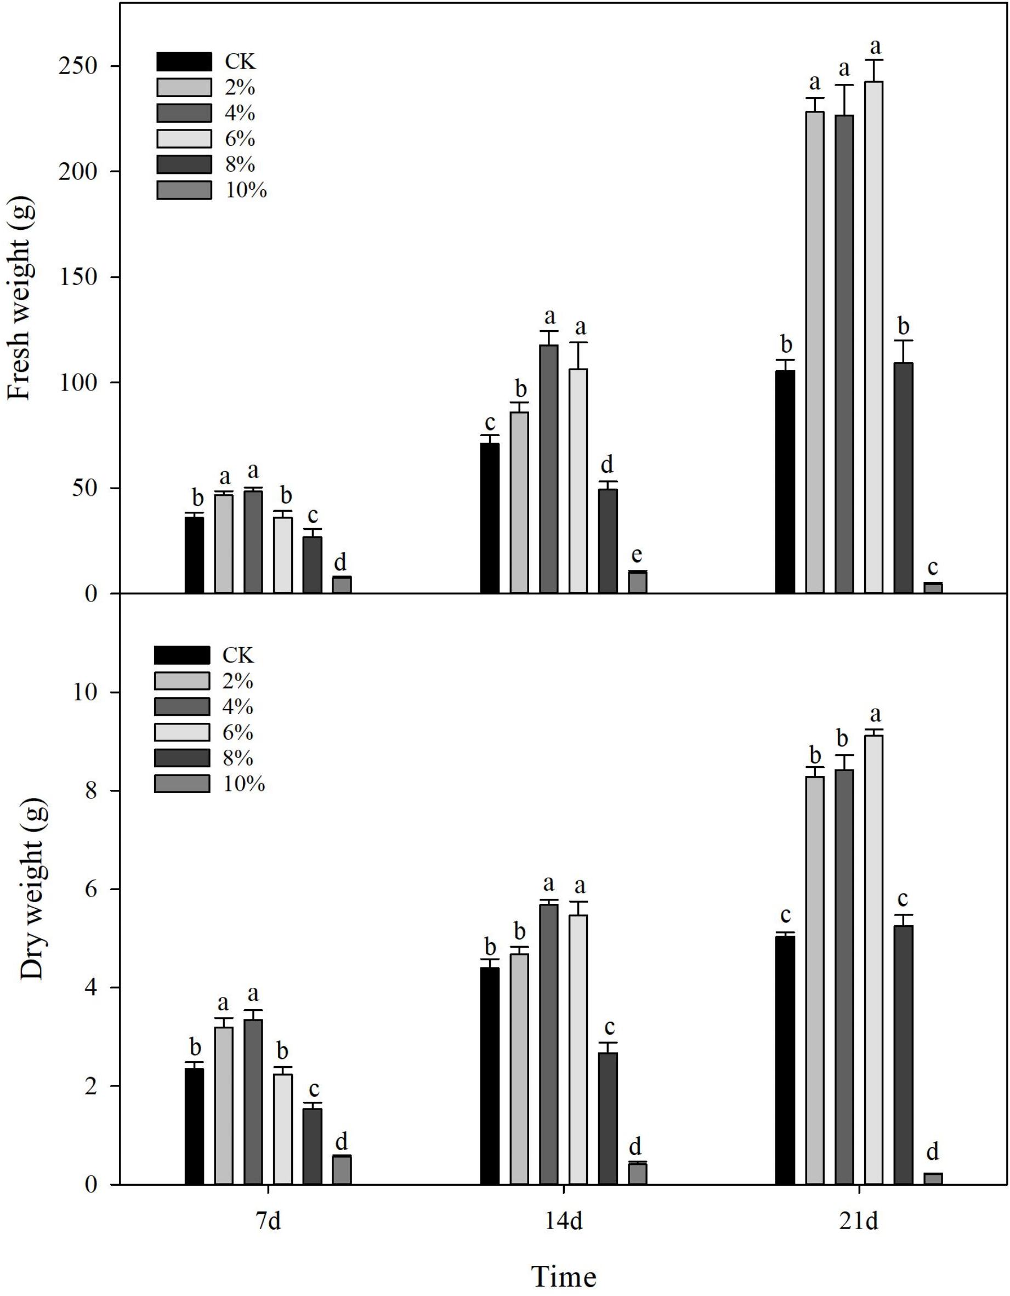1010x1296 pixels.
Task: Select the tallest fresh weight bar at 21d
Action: pos(873,337)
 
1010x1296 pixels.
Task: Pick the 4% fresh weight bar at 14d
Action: pos(548,468)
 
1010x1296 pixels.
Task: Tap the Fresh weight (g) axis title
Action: pos(20,299)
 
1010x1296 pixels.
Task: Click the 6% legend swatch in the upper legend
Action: pos(184,138)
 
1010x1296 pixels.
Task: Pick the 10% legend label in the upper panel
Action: pos(246,190)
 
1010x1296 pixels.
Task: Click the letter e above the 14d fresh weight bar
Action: pos(637,556)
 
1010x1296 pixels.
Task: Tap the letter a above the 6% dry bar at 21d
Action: pos(875,714)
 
